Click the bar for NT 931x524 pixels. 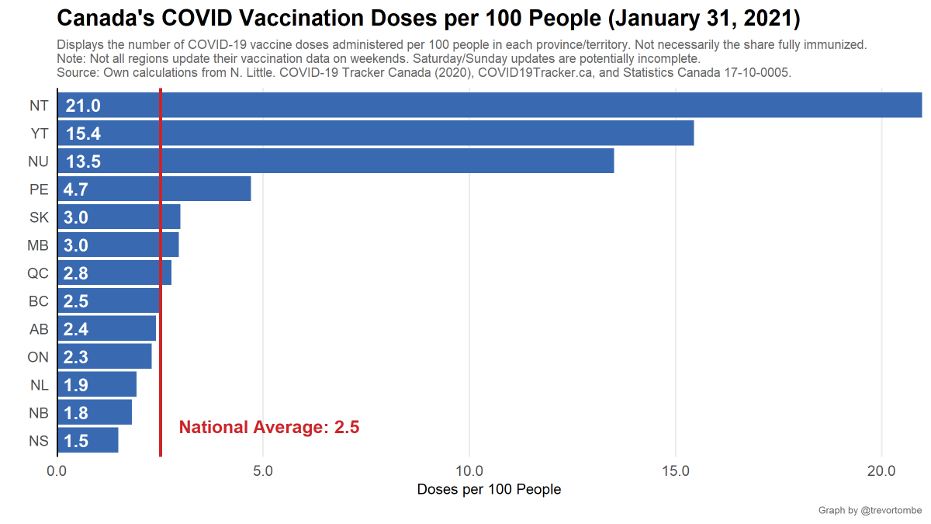coord(489,106)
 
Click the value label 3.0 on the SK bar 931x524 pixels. coord(76,217)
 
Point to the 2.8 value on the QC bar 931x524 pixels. coord(76,273)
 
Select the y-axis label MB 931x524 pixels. coord(38,245)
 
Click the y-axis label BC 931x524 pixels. coord(38,301)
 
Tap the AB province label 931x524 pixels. coord(39,329)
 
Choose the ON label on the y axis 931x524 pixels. coord(38,357)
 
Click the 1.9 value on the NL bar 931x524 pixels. coord(76,385)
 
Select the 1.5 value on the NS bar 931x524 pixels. coord(76,441)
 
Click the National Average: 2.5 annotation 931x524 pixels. coord(269,427)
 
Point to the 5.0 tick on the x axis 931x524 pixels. coord(263,471)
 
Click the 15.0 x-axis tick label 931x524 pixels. coord(676,471)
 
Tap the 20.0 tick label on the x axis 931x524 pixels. coord(882,471)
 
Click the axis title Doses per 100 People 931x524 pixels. coord(489,490)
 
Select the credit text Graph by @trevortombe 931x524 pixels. coord(870,510)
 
